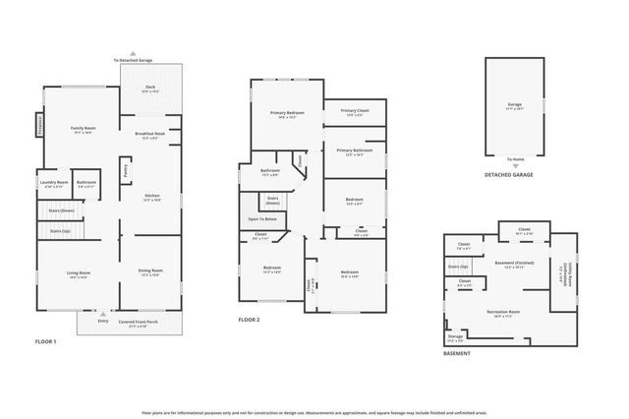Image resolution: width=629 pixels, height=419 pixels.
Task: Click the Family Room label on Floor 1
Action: [82, 129]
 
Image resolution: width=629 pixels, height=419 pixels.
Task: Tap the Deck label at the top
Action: [150, 89]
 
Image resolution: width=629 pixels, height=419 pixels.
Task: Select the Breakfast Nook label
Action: [150, 134]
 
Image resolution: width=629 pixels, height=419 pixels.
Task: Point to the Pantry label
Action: [126, 170]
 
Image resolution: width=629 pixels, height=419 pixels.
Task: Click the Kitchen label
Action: [152, 196]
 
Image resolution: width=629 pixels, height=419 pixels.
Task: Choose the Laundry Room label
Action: [54, 183]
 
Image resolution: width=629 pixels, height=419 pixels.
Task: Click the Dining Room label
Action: [150, 271]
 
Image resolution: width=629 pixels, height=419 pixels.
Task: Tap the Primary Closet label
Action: [355, 111]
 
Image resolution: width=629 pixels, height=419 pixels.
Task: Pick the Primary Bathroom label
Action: [355, 150]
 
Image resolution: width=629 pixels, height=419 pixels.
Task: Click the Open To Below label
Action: [262, 218]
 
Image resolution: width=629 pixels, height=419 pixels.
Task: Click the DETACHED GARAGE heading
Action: [509, 175]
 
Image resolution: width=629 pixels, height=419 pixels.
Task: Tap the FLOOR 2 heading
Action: [250, 320]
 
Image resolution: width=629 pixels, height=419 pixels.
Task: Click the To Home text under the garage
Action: [515, 158]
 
